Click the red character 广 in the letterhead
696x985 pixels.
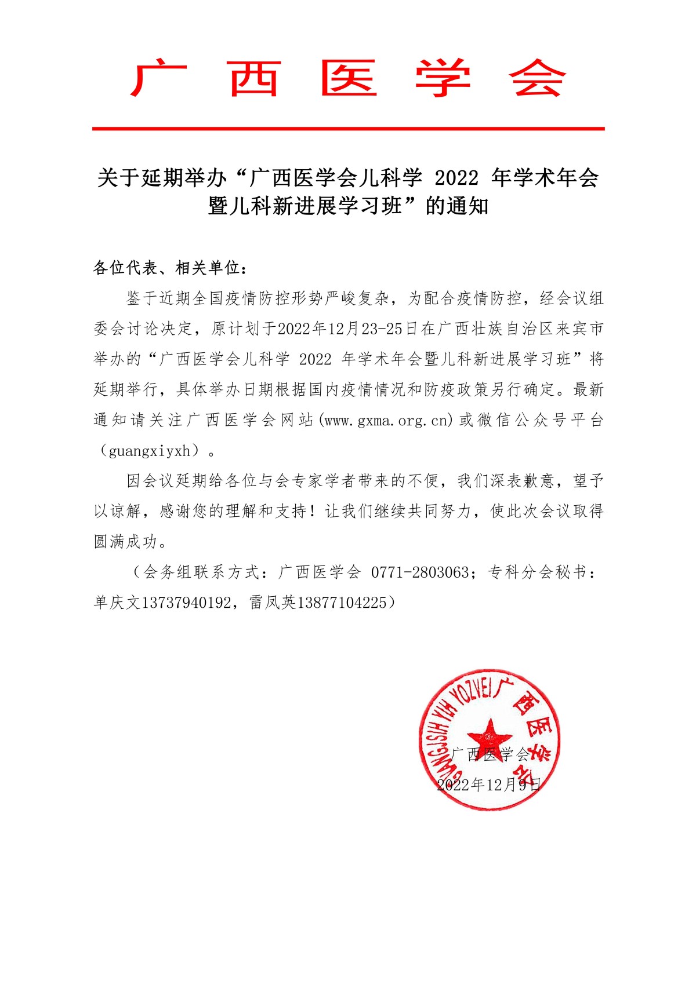(x=158, y=79)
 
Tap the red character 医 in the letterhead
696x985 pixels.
(x=349, y=79)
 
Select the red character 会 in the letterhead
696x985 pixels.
(x=537, y=79)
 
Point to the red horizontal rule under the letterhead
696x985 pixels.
(x=348, y=129)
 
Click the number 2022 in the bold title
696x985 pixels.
(x=456, y=178)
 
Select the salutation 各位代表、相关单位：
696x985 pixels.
(x=171, y=268)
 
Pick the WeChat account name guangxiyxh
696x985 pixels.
(x=150, y=451)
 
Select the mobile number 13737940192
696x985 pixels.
(x=186, y=603)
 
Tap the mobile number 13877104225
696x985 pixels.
(x=342, y=603)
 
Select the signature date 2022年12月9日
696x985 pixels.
(x=489, y=785)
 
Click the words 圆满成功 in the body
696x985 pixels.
(x=125, y=542)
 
